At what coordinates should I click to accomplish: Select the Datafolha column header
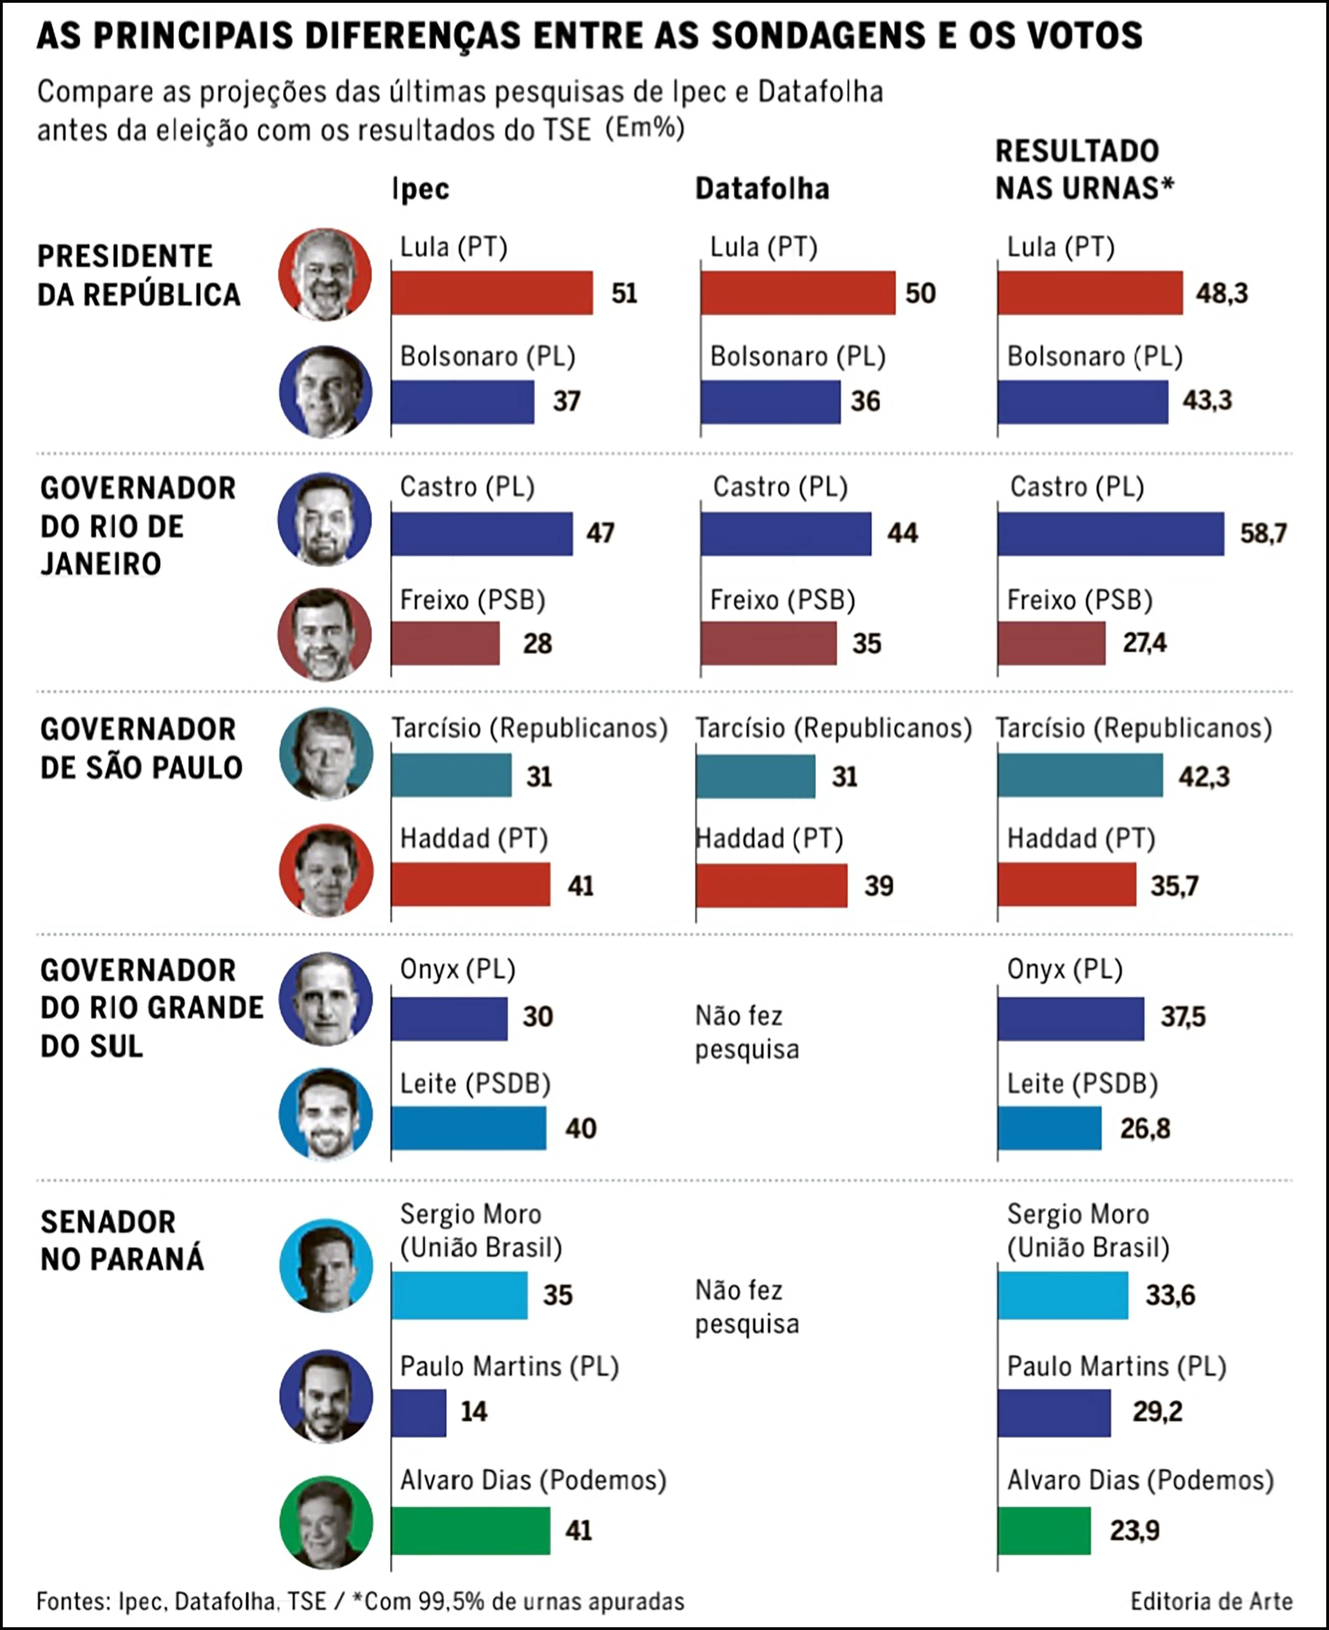point(762,189)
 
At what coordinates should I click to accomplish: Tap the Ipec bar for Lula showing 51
point(492,292)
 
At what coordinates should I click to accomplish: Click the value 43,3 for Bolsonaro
point(1207,400)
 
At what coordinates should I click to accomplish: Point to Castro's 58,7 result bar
point(1111,533)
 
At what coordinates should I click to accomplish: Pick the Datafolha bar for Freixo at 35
point(769,643)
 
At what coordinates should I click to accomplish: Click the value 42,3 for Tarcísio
point(1204,777)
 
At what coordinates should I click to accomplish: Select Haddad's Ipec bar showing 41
point(471,885)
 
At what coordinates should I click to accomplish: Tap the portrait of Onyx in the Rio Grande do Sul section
point(326,999)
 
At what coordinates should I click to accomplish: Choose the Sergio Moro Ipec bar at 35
point(459,1295)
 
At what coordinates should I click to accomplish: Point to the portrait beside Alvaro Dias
point(326,1523)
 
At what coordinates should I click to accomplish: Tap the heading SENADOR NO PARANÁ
point(122,1240)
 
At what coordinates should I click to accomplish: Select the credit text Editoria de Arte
point(1211,1601)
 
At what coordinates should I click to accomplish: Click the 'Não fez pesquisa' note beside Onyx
point(747,1032)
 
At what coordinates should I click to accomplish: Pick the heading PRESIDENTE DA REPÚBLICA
point(138,275)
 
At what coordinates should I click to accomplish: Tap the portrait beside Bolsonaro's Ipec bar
point(326,392)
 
